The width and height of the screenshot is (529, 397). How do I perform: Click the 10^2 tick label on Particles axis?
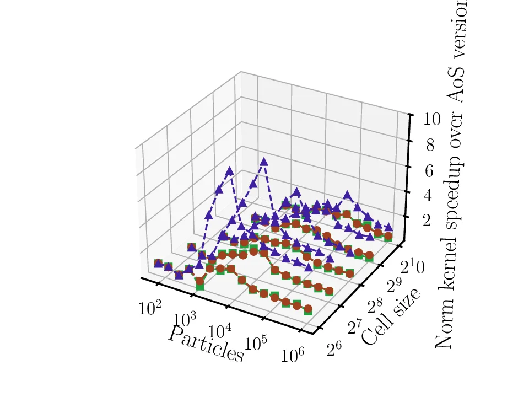[x=150, y=308]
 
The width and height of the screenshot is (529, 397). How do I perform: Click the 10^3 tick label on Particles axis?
[x=185, y=320]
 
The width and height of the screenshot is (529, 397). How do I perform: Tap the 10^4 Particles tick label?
[x=220, y=331]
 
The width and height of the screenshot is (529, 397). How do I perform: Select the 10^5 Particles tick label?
[x=256, y=344]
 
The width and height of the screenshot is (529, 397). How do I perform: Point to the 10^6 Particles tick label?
[x=293, y=356]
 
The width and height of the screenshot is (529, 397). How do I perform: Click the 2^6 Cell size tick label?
[x=337, y=348]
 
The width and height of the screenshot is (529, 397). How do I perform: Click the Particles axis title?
[x=206, y=344]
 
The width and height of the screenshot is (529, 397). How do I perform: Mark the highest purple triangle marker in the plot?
[x=264, y=162]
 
